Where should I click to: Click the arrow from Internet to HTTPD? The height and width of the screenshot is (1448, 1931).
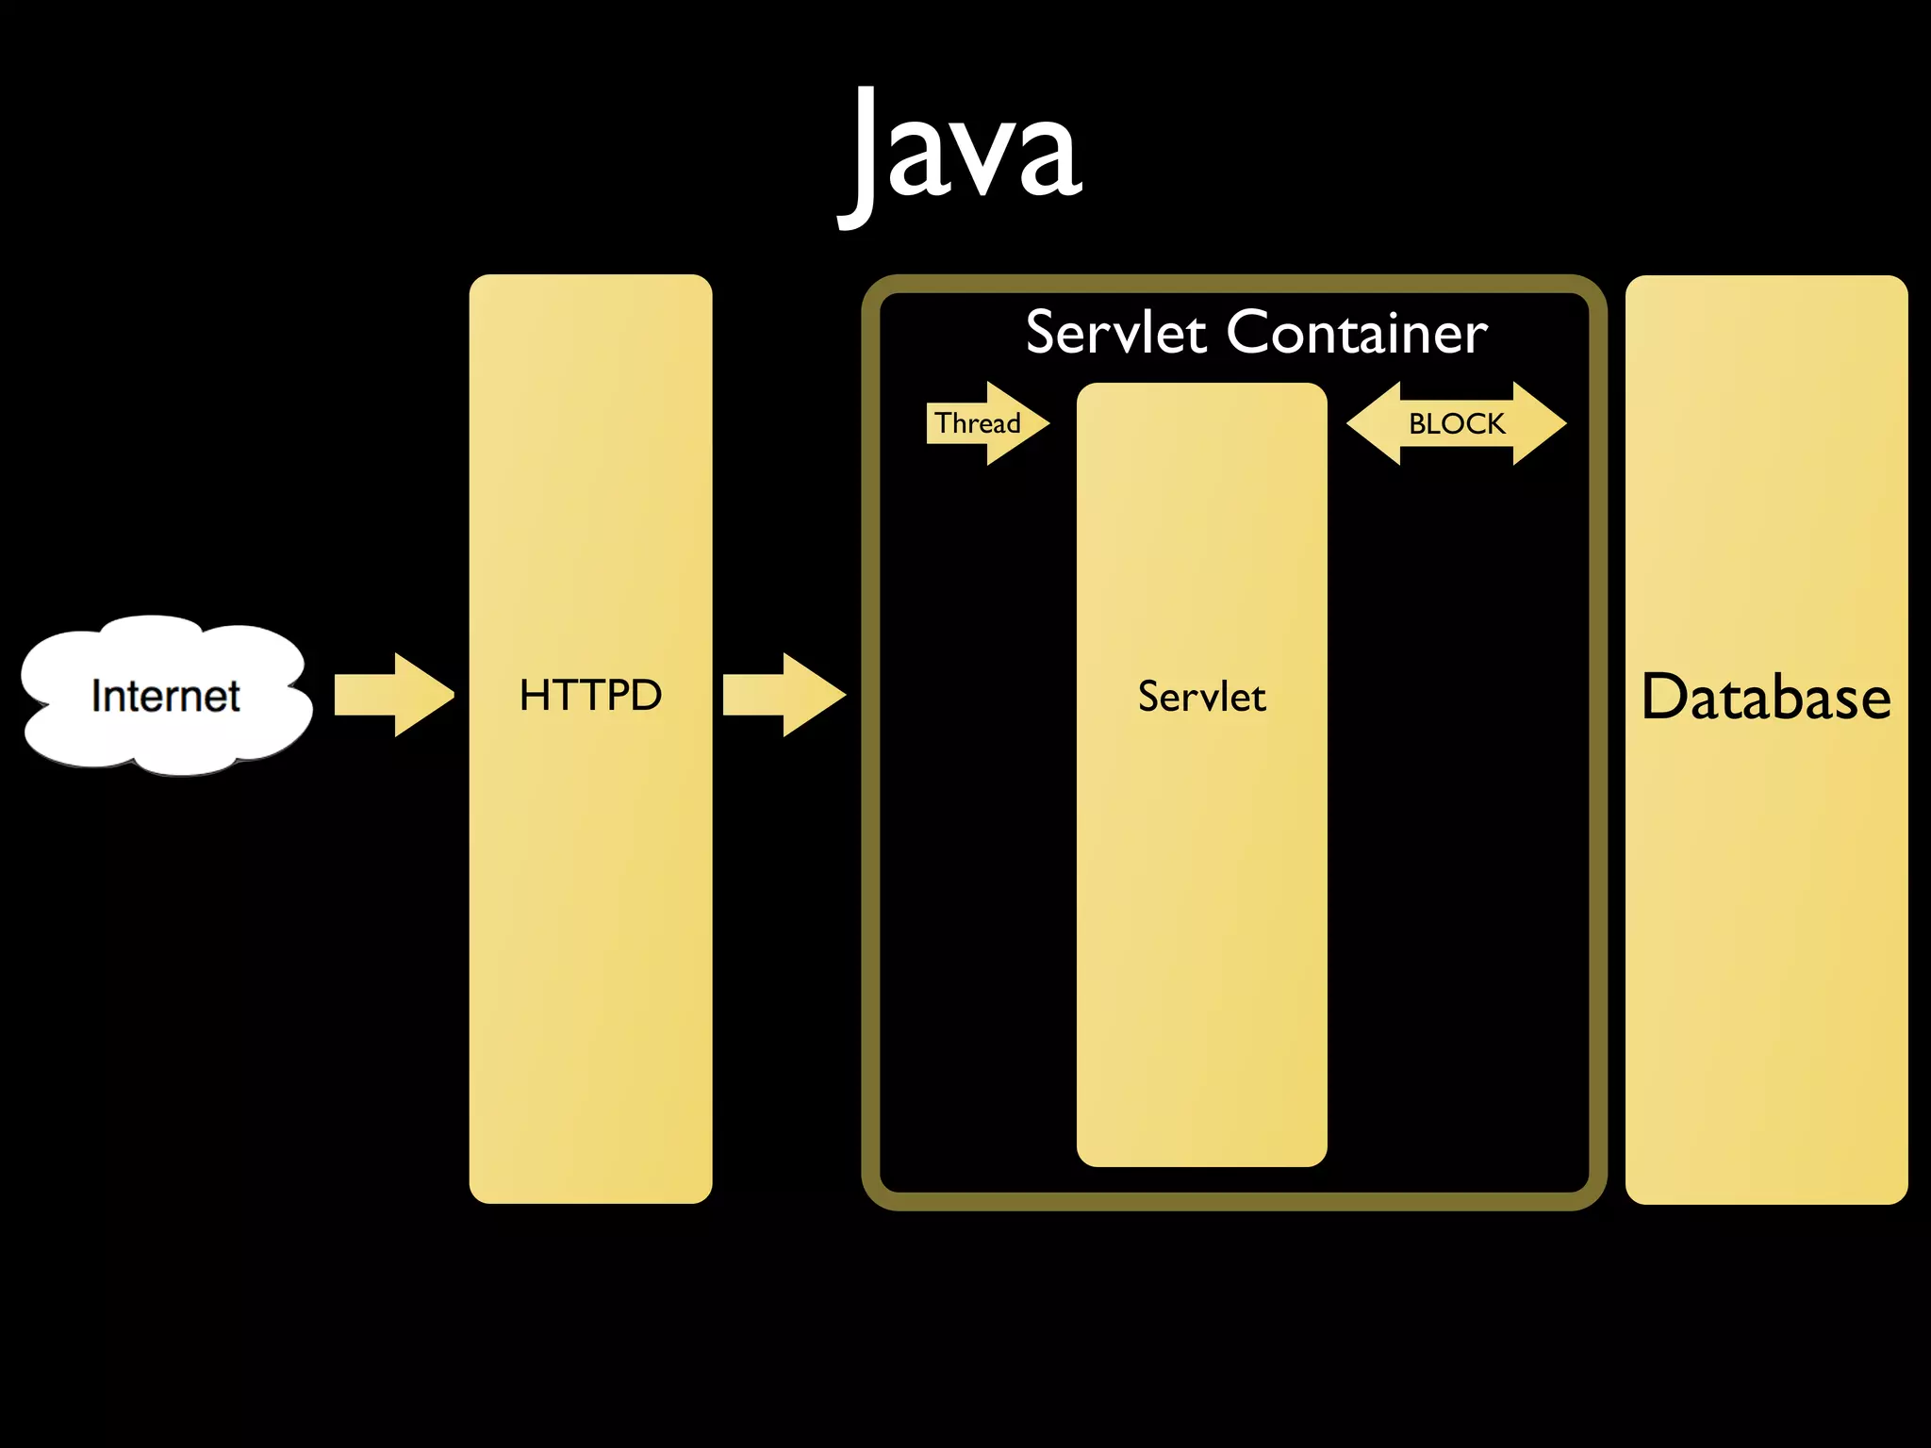394,695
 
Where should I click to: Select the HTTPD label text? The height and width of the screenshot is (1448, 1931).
590,696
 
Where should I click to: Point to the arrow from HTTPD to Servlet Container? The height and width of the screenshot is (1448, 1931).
783,695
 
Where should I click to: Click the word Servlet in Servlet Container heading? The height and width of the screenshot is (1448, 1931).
1115,333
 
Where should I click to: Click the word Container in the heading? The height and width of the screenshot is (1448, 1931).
1357,333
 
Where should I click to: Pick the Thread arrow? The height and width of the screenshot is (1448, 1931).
986,423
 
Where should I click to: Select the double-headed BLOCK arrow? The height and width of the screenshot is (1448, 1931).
1456,423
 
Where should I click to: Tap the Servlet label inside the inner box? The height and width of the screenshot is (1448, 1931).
1201,698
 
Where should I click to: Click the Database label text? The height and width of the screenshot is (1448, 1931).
1766,698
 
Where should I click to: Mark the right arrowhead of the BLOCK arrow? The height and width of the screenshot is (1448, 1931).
1539,423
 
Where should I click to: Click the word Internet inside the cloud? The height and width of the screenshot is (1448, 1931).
166,697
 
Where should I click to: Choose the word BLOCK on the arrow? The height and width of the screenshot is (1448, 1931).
1456,424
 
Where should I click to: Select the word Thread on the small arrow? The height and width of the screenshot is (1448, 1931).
977,423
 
